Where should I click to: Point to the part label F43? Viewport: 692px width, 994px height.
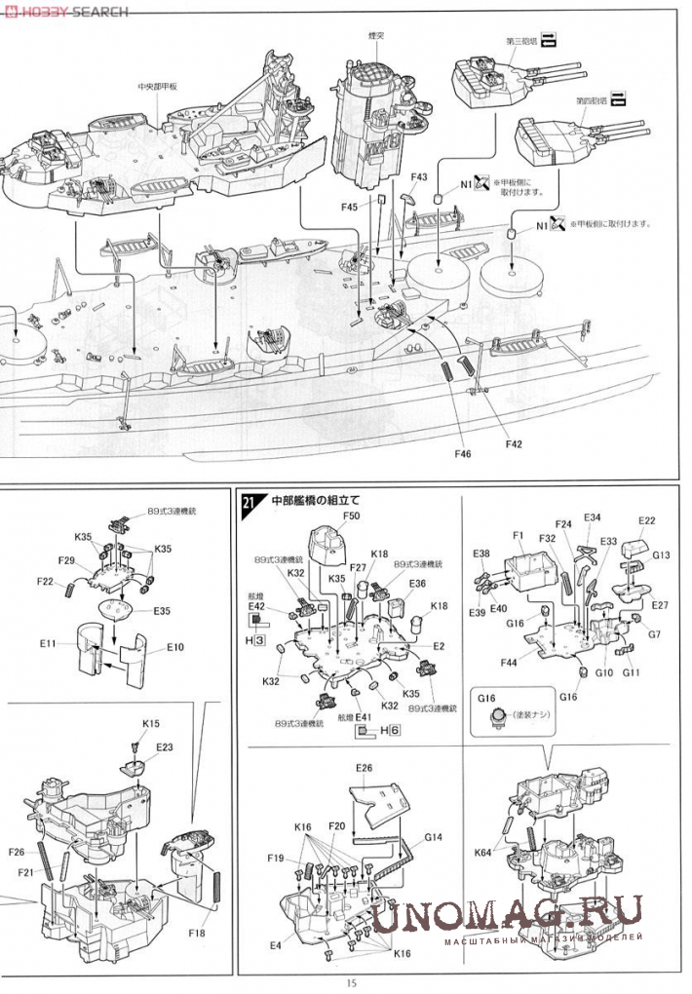419,177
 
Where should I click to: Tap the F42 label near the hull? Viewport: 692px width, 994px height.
515,444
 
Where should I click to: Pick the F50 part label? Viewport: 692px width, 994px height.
352,516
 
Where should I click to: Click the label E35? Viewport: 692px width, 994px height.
162,611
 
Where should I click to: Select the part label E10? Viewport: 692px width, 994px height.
175,646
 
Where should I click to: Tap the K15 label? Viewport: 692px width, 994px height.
151,723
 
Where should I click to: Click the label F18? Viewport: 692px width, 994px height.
198,933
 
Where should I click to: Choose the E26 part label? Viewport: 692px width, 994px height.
365,768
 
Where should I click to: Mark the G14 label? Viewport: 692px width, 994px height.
434,837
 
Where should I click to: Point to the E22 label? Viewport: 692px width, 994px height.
647,521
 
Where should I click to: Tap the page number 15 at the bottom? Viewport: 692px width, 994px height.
351,982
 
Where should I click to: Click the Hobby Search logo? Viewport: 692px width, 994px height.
65,11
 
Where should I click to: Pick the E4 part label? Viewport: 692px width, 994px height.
276,944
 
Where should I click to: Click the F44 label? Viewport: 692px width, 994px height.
508,663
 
